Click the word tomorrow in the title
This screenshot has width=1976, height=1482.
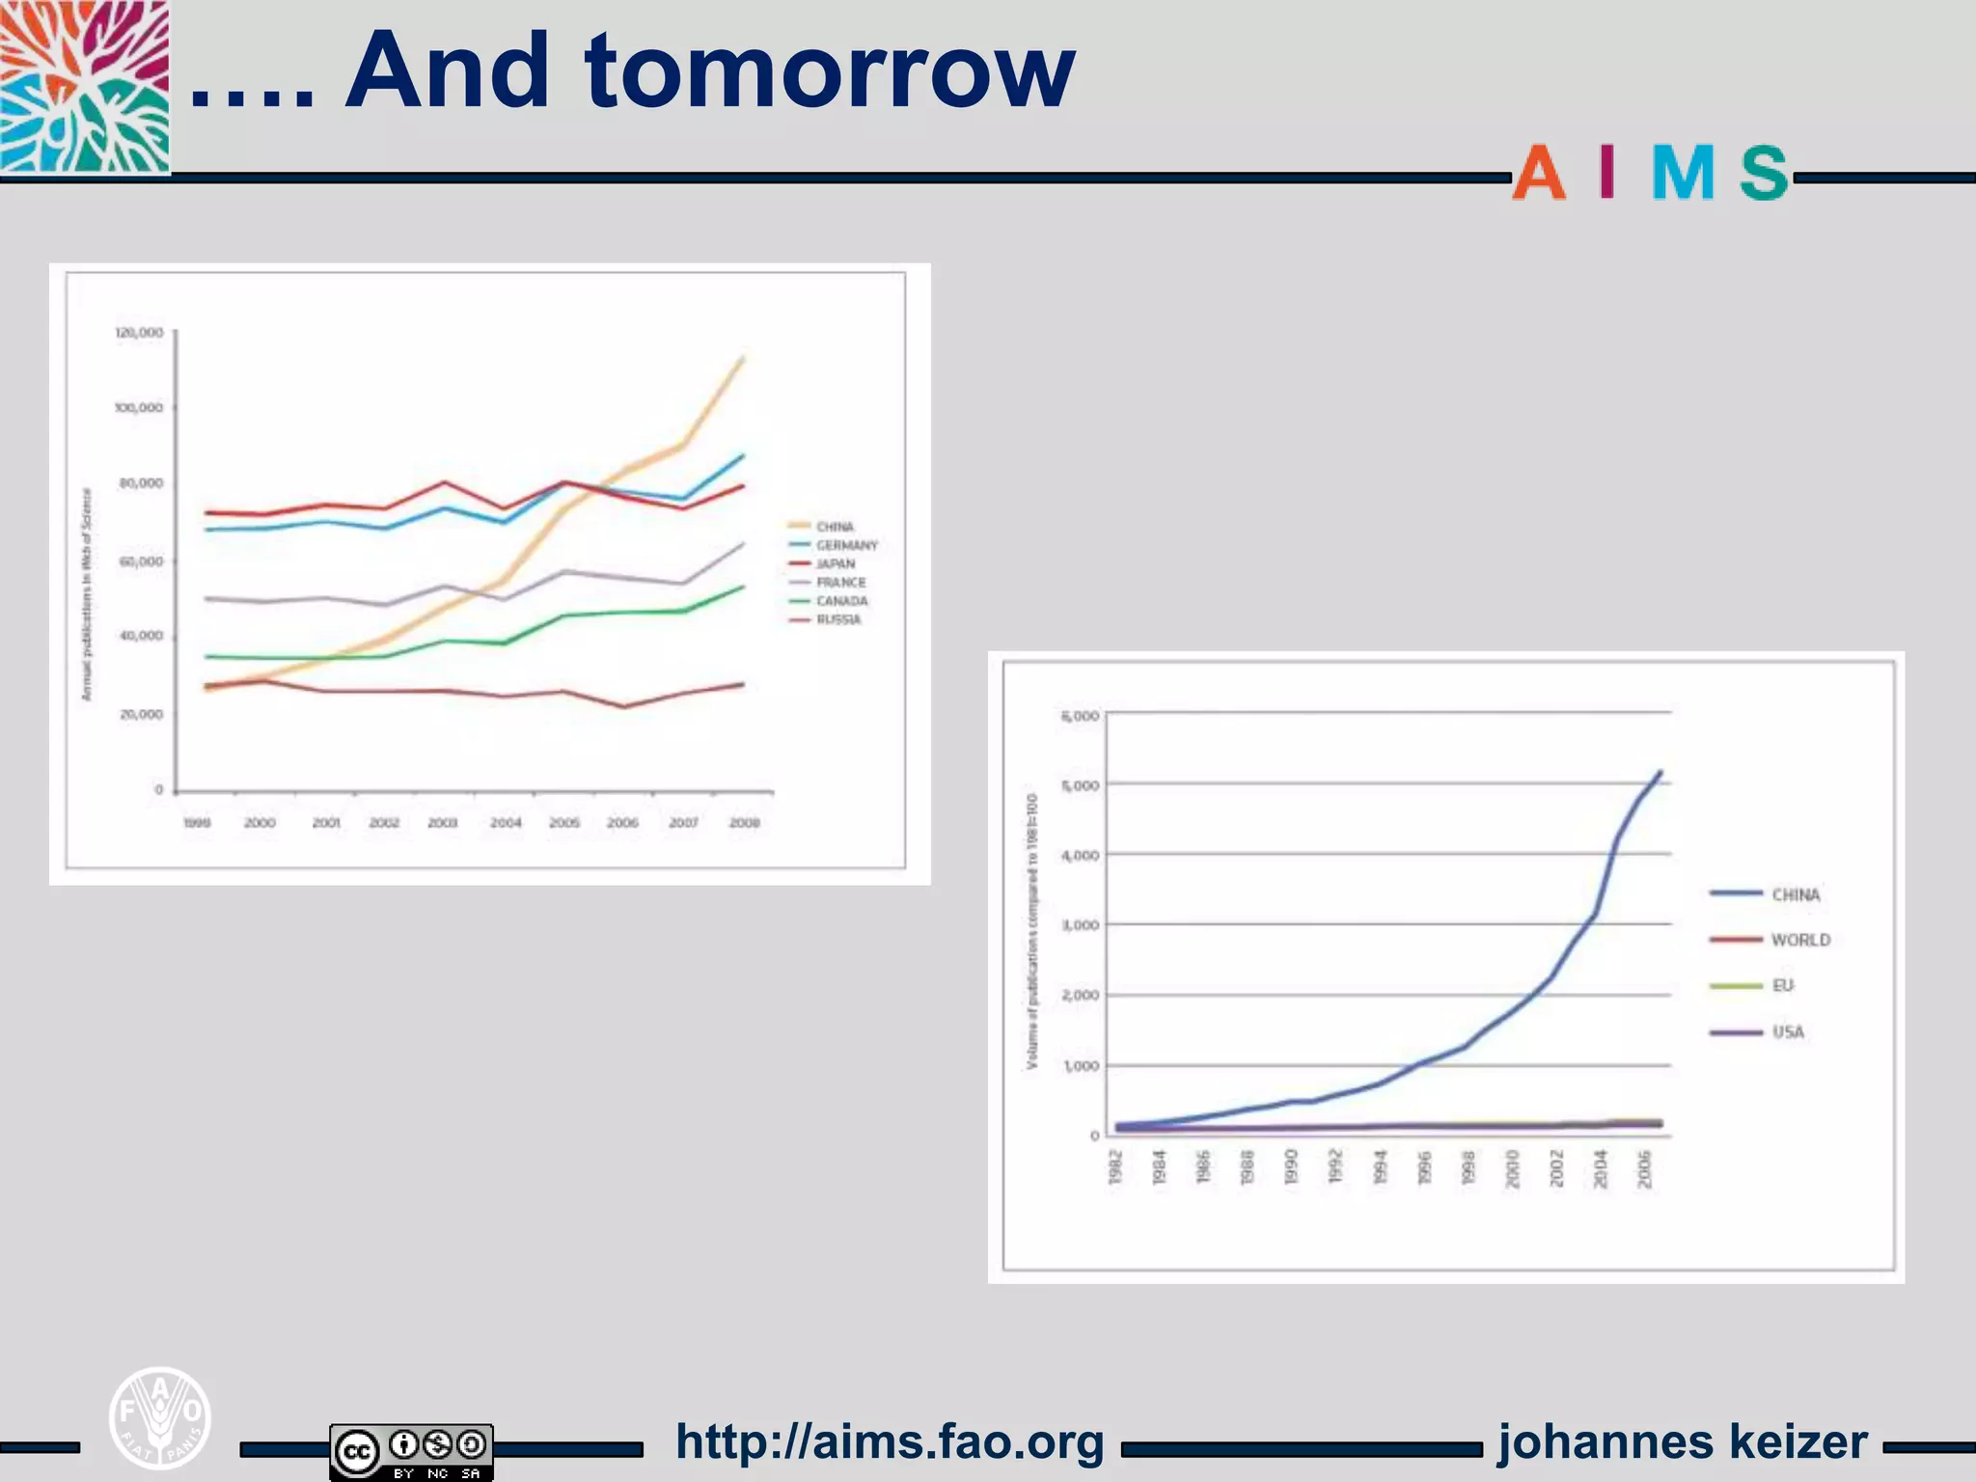click(x=830, y=72)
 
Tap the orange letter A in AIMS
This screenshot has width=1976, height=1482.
click(x=1538, y=174)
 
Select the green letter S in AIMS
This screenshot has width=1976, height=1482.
click(x=1764, y=174)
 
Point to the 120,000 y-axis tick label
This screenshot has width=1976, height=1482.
click(x=140, y=333)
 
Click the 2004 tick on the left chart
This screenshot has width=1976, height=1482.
click(x=506, y=823)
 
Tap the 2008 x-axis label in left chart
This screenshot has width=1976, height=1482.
click(x=744, y=823)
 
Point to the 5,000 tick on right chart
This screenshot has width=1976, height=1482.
click(x=1080, y=785)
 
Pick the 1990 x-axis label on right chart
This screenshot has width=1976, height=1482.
click(x=1292, y=1166)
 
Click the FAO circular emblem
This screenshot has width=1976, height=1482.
click(x=160, y=1417)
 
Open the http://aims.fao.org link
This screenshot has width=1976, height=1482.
click(x=890, y=1442)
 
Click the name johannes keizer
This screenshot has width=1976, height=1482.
click(x=1683, y=1442)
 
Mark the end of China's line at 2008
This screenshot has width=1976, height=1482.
click(x=742, y=358)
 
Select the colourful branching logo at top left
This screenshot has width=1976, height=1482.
click(x=85, y=87)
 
